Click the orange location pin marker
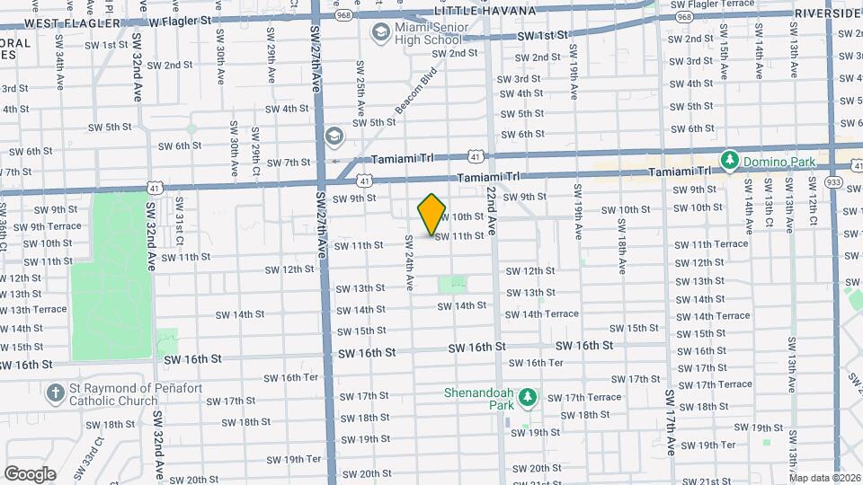click(432, 215)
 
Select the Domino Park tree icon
click(730, 161)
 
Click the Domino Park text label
click(776, 162)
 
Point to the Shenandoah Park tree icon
click(529, 397)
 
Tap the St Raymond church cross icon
click(56, 392)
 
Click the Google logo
click(30, 474)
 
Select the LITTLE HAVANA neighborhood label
click(485, 11)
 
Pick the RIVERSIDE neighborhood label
click(828, 13)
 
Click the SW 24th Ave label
click(408, 262)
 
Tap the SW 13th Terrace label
click(33, 309)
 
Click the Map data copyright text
click(824, 478)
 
